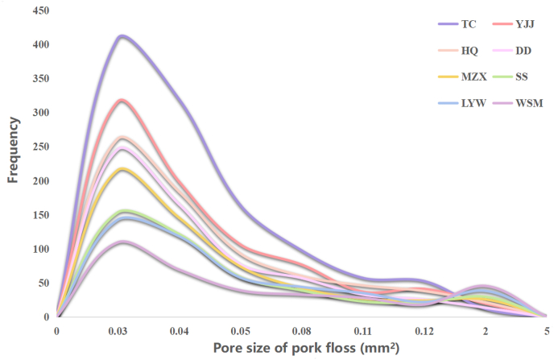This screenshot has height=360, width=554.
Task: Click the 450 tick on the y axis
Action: point(39,11)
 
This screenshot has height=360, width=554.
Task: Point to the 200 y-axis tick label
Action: point(39,181)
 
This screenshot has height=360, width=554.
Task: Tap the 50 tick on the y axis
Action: point(41,283)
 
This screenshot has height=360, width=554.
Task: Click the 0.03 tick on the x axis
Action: point(118,331)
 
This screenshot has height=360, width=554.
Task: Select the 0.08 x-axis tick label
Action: point(301,331)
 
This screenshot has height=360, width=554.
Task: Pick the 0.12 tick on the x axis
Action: point(424,331)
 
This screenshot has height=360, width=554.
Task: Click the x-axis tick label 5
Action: point(546,331)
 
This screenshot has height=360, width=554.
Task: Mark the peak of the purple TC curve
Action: point(122,36)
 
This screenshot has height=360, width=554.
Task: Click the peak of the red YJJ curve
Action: point(122,101)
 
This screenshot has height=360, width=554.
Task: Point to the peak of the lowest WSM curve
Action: point(121,242)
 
